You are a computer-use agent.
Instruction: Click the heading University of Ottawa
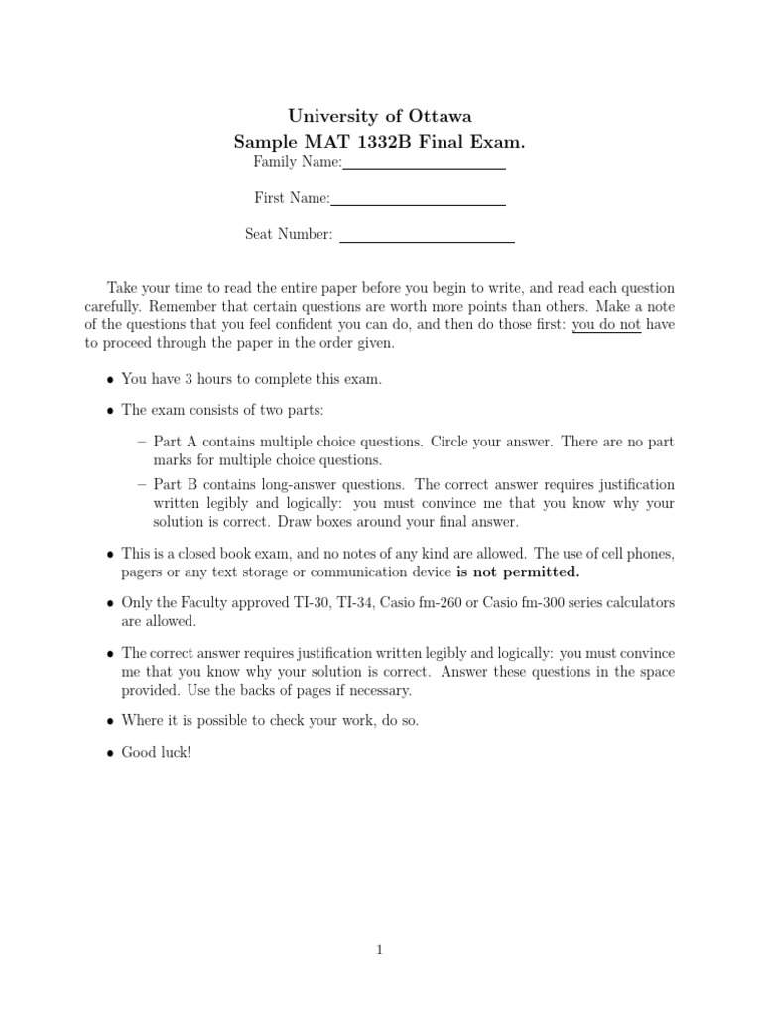[380, 117]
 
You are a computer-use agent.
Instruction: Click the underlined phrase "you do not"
[606, 324]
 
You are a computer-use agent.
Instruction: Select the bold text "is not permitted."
[518, 572]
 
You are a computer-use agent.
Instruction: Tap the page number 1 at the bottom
[380, 951]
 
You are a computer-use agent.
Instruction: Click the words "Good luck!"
[156, 752]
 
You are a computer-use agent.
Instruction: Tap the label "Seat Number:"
[289, 234]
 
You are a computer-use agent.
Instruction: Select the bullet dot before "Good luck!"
[109, 753]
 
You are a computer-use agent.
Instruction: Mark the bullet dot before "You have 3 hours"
[109, 380]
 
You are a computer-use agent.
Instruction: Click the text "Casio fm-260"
[417, 603]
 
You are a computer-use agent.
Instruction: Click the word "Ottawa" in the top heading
[441, 117]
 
